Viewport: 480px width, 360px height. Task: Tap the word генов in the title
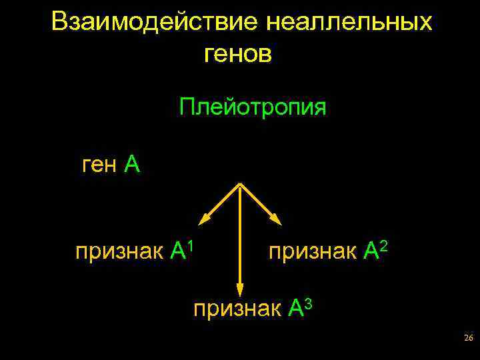point(238,54)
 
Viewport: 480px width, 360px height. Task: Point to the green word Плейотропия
point(253,107)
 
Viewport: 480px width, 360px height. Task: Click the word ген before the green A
point(99,164)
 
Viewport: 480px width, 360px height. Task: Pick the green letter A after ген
point(132,164)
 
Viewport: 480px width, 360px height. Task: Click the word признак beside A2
point(313,251)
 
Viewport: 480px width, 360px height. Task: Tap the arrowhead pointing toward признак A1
point(204,217)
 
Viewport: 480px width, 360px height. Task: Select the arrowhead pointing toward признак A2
point(275,217)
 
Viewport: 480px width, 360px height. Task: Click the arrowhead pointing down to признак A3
point(240,289)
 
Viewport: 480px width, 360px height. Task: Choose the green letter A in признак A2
point(371,251)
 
